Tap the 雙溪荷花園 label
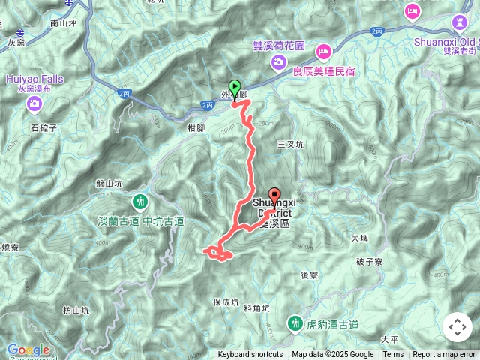[x=279, y=46]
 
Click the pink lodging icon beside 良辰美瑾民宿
[x=323, y=52]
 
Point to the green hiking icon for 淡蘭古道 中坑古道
[x=140, y=202]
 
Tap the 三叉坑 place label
[x=290, y=144]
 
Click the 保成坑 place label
[x=225, y=302]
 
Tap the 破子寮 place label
[x=370, y=262]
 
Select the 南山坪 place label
[x=64, y=23]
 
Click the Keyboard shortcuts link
[x=250, y=355]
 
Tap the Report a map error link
[x=444, y=355]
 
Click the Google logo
[x=28, y=349]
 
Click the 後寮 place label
[x=310, y=275]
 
